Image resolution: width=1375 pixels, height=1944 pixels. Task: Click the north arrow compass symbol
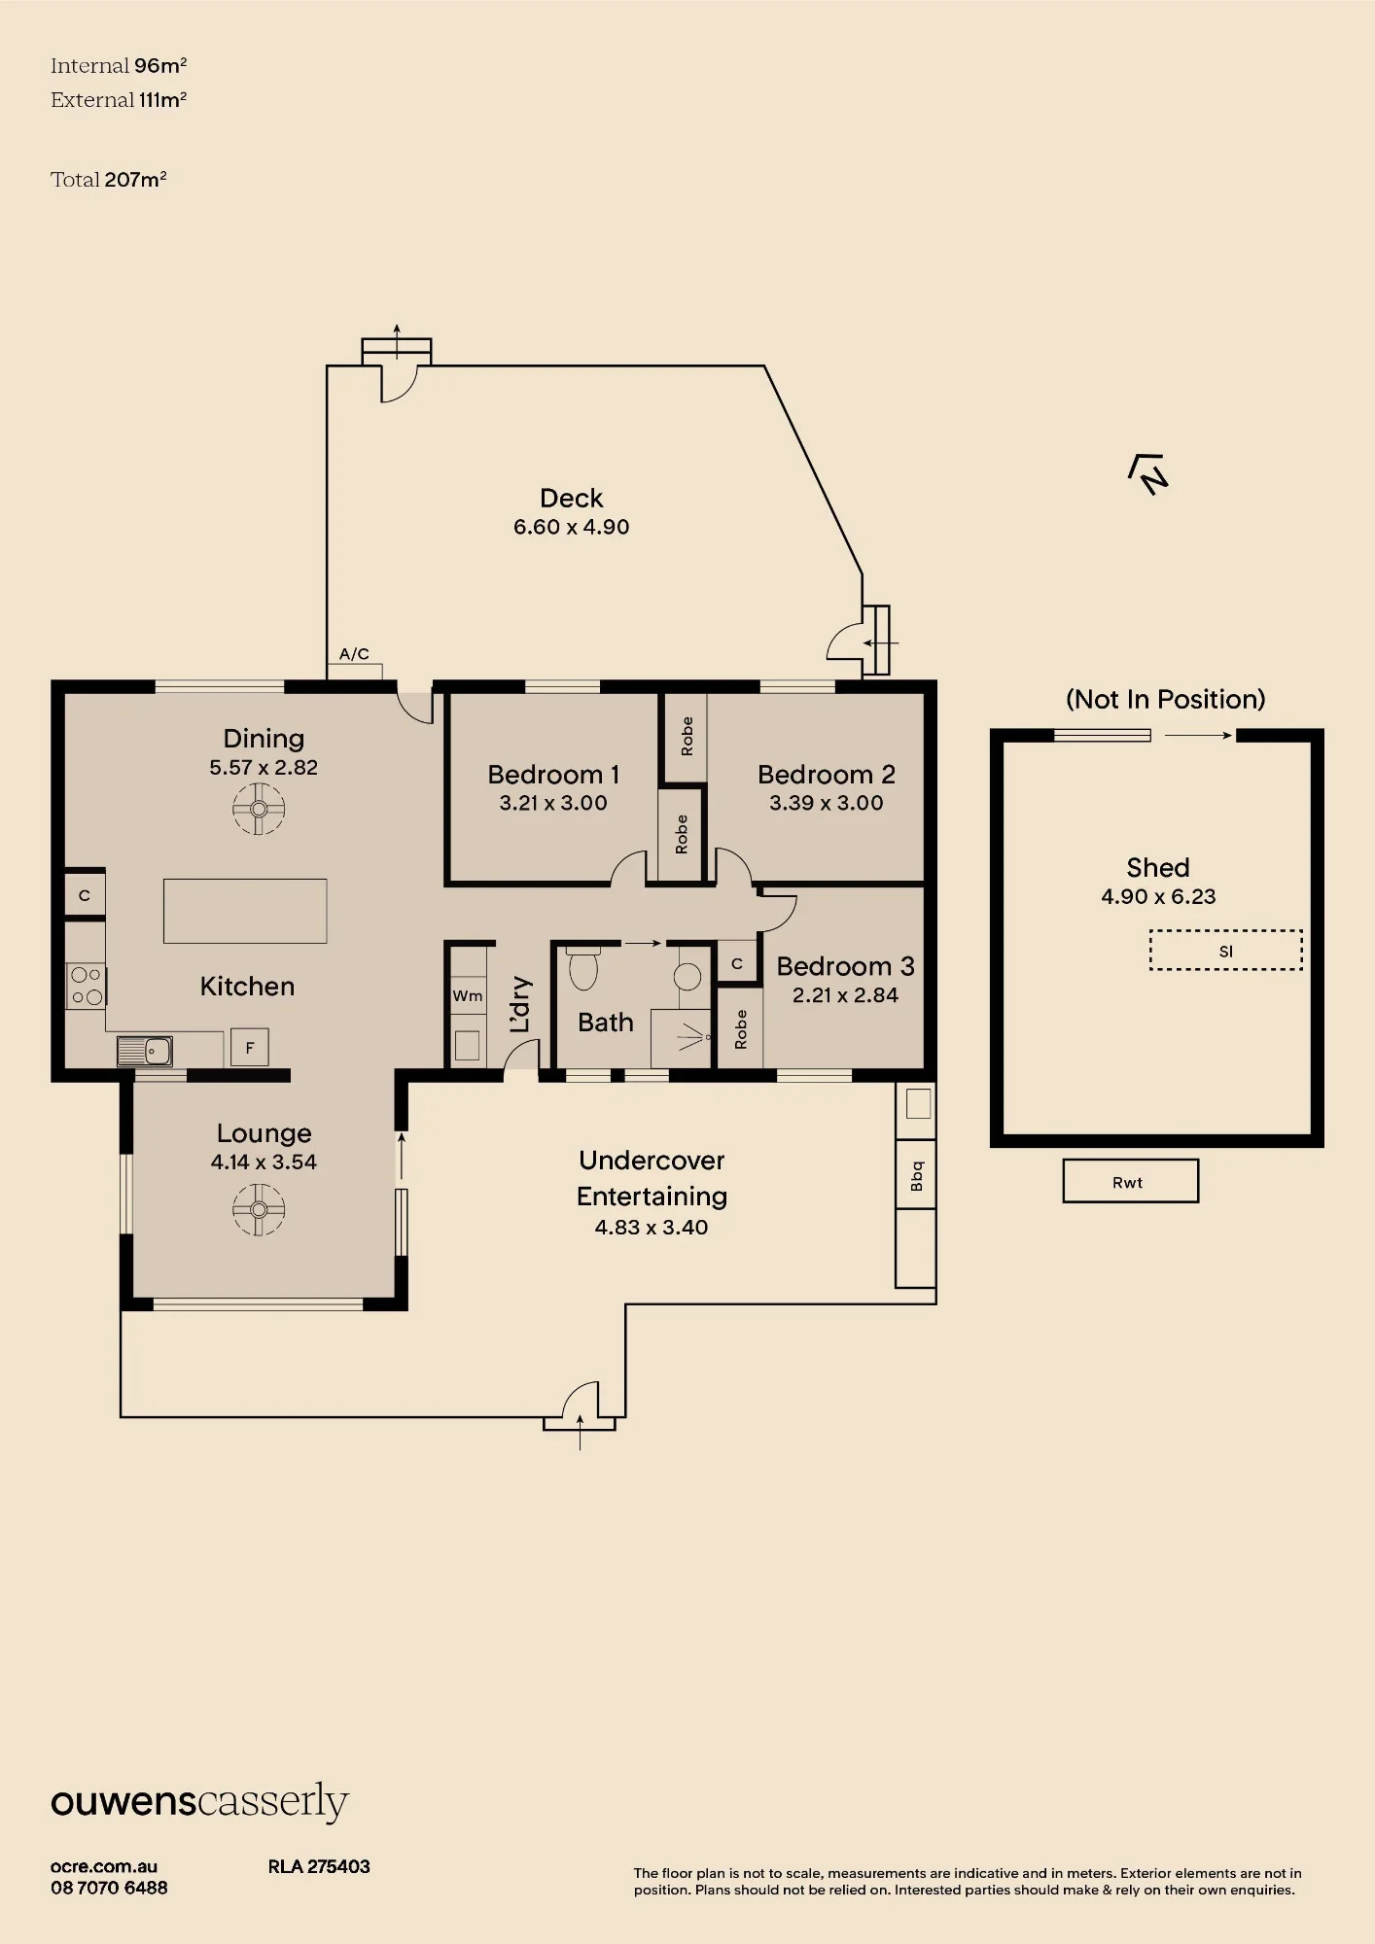[x=1148, y=474]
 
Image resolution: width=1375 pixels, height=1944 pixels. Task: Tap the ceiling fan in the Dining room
[x=259, y=809]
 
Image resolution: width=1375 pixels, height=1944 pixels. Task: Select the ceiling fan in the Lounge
[x=259, y=1209]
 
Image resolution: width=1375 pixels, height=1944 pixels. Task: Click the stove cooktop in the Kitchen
[x=86, y=985]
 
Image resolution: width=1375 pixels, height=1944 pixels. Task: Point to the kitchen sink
[x=145, y=1051]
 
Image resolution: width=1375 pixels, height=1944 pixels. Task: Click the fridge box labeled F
[x=250, y=1048]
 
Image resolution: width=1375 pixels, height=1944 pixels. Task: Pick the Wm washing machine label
[x=468, y=995]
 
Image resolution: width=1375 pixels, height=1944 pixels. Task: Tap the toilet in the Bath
[x=583, y=968]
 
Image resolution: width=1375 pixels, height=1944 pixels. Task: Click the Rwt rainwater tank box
[x=1130, y=1181]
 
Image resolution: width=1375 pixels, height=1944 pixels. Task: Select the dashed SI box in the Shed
[x=1226, y=950]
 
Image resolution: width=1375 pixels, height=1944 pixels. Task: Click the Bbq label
[x=916, y=1174]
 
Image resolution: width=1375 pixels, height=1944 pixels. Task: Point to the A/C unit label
[x=354, y=654]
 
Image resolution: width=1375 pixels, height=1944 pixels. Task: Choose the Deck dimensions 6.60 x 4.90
[x=572, y=527]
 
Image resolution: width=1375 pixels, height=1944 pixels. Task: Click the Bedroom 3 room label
[x=845, y=966]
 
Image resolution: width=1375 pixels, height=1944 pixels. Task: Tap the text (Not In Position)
[x=1166, y=699]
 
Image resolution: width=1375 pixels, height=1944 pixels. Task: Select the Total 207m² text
[x=109, y=179]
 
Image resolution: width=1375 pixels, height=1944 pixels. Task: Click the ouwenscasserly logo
[x=199, y=1803]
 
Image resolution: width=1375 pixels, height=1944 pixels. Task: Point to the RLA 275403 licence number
[x=319, y=1866]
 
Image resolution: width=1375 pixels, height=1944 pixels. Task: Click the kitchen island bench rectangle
[x=245, y=911]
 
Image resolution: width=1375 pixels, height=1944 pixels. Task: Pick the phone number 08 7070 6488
[x=109, y=1888]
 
